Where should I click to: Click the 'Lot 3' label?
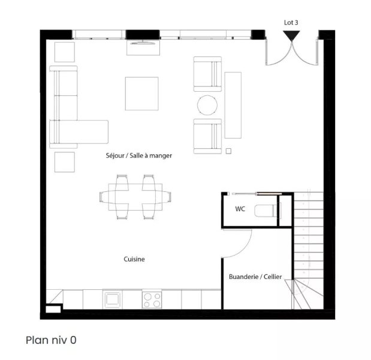[x=291, y=23]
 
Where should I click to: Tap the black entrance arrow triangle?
[x=291, y=35]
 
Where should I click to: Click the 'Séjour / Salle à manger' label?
[x=139, y=155]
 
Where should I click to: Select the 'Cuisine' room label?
[x=134, y=259]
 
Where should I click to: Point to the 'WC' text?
[x=240, y=209]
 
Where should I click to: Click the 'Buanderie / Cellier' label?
[x=255, y=277]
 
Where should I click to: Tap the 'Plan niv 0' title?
[x=51, y=340]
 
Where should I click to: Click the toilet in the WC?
[x=267, y=211]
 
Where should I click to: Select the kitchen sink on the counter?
[x=113, y=299]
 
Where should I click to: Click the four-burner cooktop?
[x=152, y=300]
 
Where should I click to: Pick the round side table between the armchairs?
[x=207, y=105]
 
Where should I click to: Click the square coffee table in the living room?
[x=141, y=94]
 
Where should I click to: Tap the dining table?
[x=135, y=197]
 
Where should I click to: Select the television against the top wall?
[x=143, y=43]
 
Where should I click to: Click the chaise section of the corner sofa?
[x=79, y=132]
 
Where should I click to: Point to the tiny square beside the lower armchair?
[x=228, y=151]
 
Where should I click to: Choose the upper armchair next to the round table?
[x=207, y=74]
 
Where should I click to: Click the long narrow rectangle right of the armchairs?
[x=233, y=105]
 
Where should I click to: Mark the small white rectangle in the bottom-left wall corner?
[x=53, y=310]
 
